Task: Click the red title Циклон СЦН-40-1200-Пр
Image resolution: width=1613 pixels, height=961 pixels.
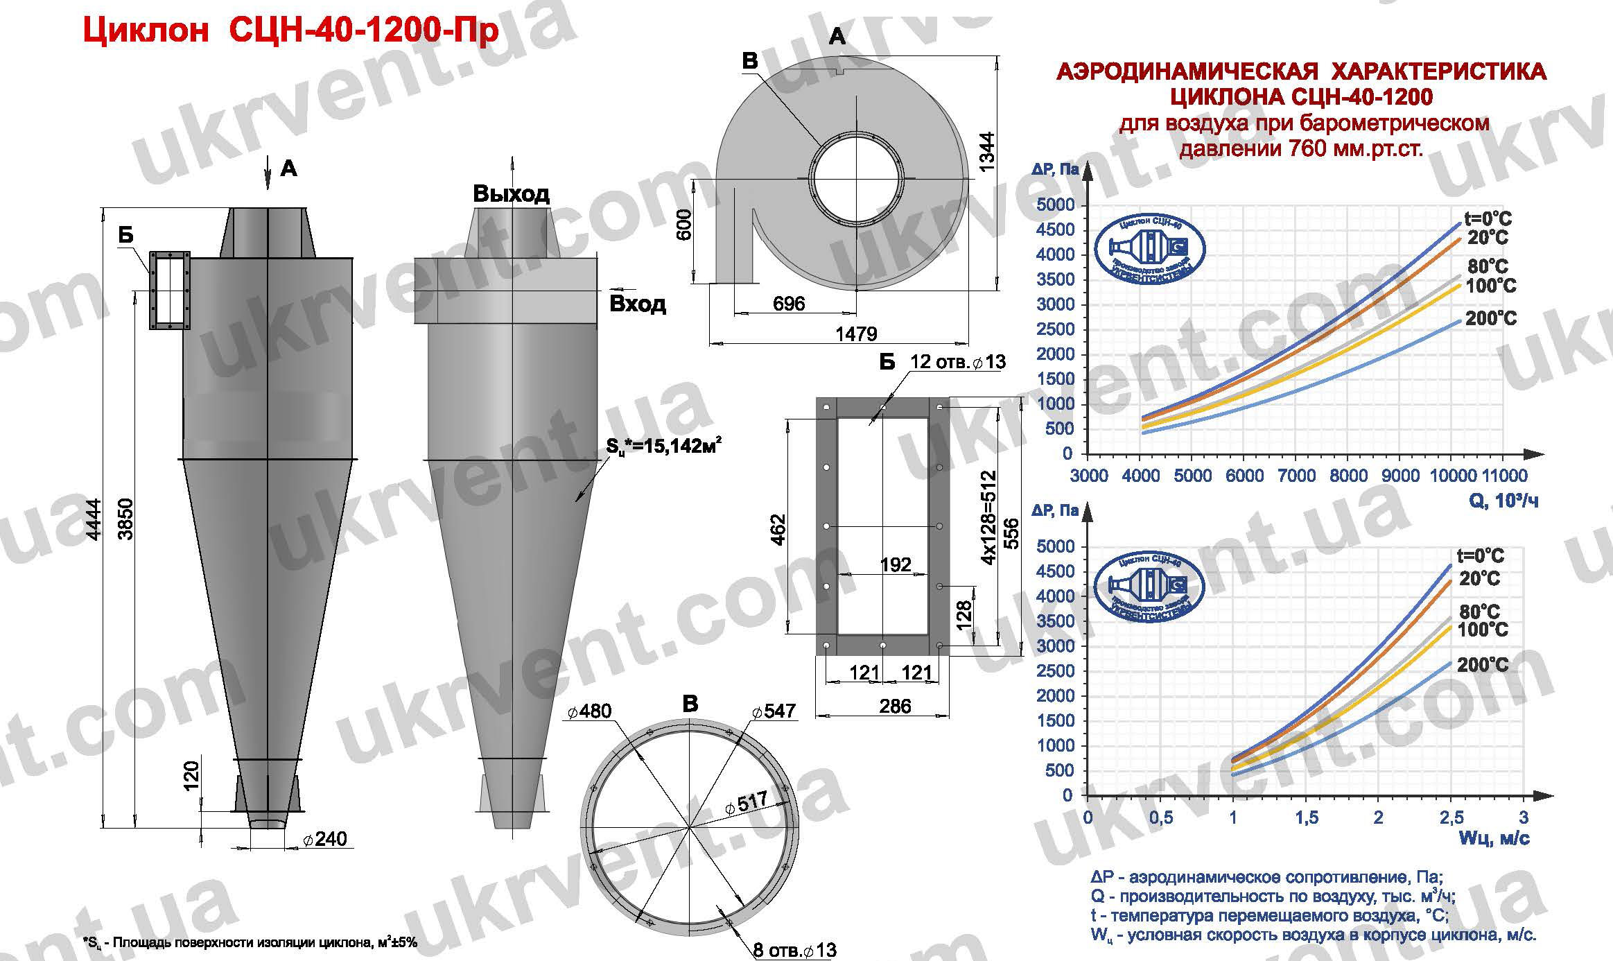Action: coord(290,31)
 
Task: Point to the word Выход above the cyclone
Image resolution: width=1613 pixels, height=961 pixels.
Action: coord(511,193)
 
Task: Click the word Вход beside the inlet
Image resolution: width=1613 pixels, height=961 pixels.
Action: coord(637,304)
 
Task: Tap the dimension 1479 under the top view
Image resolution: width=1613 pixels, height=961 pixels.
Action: coord(856,334)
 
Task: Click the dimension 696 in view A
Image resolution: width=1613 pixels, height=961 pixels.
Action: coord(788,303)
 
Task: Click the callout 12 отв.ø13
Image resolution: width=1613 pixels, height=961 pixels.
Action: coord(957,362)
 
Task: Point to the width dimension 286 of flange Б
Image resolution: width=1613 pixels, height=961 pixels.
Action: coord(895,706)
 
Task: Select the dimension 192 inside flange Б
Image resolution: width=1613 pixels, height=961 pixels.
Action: coord(895,564)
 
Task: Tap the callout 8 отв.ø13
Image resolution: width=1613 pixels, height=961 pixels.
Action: coord(794,950)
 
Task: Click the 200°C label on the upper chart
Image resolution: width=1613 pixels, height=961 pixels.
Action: coord(1490,319)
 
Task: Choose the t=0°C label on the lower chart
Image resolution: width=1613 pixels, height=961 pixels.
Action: coord(1480,556)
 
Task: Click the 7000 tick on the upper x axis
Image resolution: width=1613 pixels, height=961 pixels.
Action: coord(1296,476)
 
